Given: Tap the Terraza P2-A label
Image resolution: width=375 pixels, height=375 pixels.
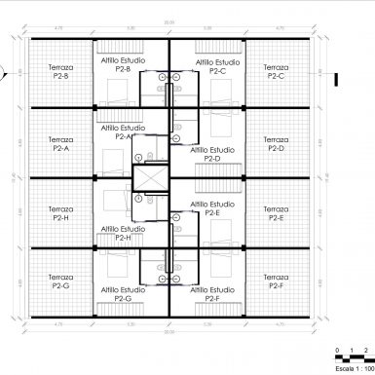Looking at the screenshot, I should coord(59,143).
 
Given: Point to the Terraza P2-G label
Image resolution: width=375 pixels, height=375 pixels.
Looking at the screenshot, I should coord(59,282).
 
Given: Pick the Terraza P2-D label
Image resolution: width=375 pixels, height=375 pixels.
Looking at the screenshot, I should coord(276,143).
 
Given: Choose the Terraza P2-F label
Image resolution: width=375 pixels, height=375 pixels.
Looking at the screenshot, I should coord(276,282).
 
